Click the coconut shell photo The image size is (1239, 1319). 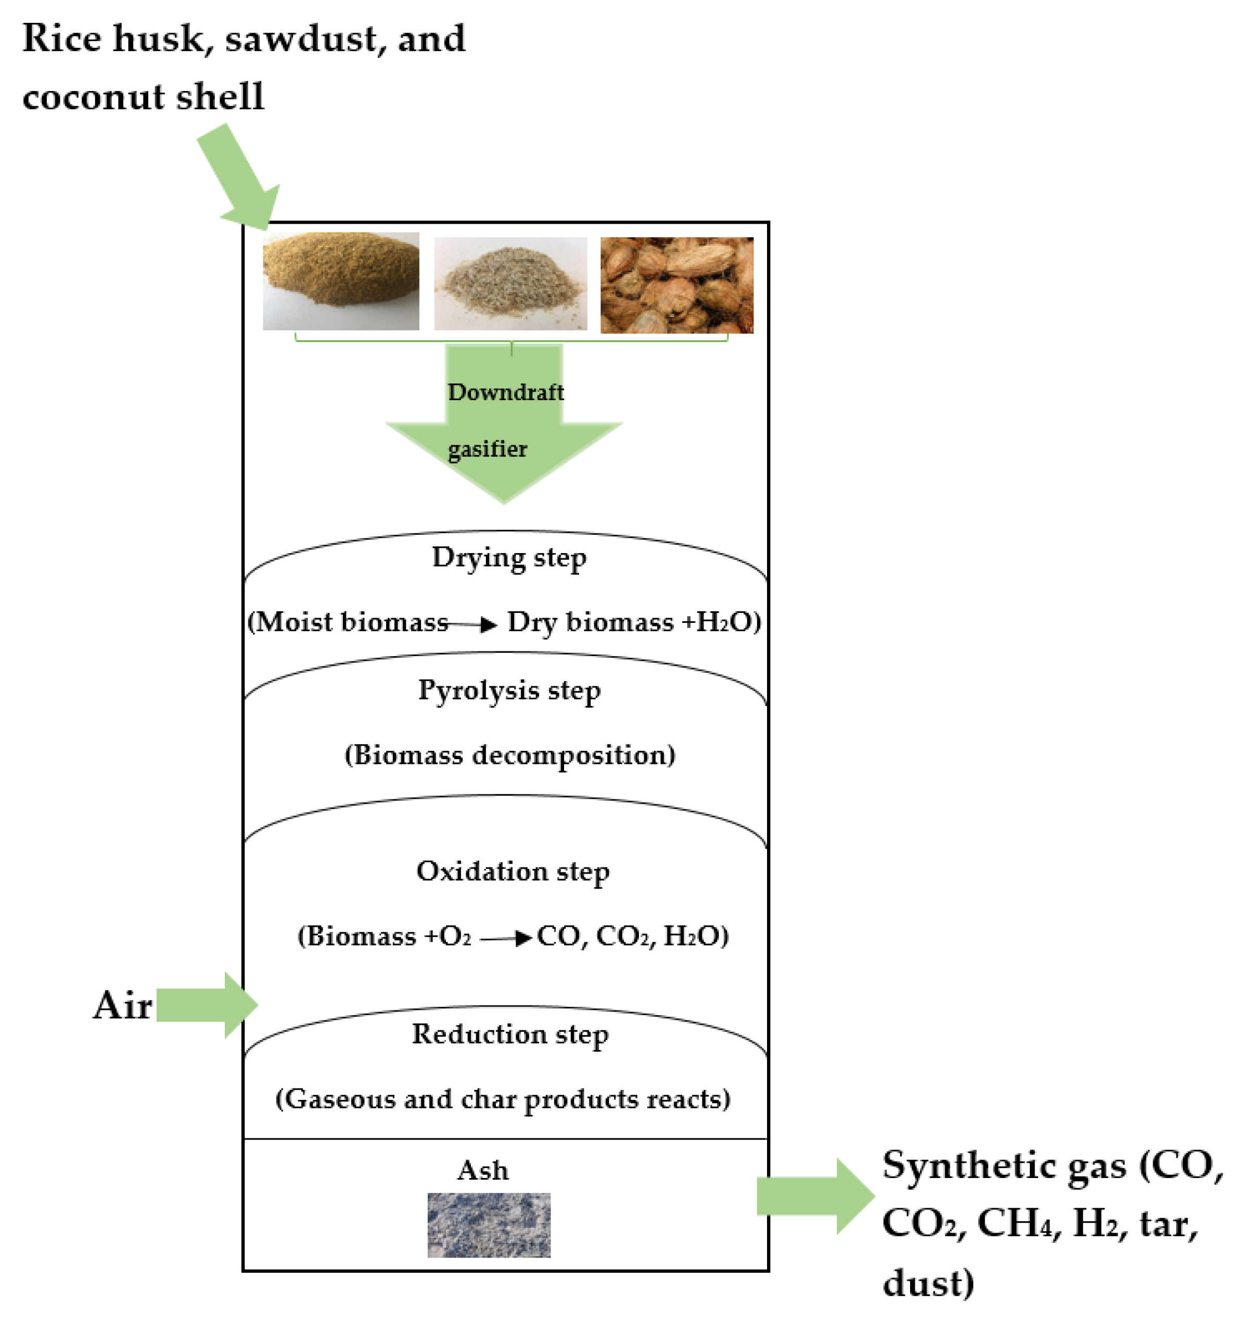coord(676,285)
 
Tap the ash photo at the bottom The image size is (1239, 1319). coord(489,1224)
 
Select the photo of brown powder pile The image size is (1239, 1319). coord(340,280)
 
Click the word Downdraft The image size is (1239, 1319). coord(506,392)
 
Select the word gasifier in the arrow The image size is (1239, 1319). coord(487,449)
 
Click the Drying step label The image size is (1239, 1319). coord(509,558)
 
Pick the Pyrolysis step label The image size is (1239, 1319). coord(509,690)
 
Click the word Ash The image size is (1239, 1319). coord(482,1170)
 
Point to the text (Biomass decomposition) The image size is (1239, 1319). coord(509,755)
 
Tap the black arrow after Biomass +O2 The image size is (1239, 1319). coord(506,938)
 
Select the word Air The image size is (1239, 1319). coord(122,1005)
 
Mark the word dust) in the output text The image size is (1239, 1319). coord(928,1282)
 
